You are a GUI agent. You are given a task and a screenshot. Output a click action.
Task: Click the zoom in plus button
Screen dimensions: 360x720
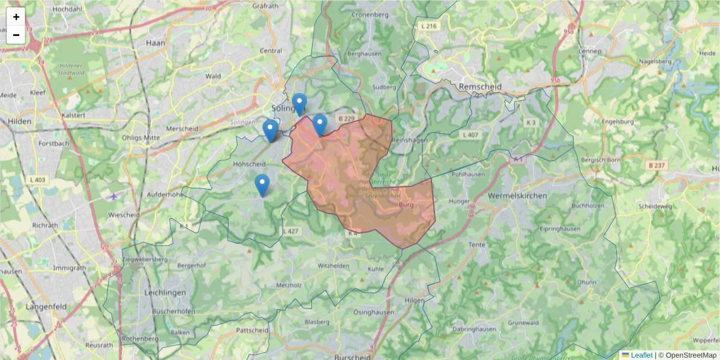[x=16, y=17]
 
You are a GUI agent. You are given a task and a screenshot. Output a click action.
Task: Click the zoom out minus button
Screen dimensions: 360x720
[x=16, y=35]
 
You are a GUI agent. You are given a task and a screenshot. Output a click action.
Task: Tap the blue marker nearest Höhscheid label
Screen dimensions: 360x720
[x=262, y=185]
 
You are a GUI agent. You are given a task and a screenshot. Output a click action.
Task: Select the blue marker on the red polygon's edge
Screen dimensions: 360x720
[x=319, y=125]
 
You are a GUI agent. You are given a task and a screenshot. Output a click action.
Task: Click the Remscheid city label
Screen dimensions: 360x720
[x=479, y=86]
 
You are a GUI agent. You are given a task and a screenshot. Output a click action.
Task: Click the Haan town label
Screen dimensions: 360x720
[x=155, y=43]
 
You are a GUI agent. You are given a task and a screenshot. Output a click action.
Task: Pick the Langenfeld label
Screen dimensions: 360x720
[x=45, y=307]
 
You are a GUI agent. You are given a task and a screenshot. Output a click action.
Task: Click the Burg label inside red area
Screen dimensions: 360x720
[x=406, y=205]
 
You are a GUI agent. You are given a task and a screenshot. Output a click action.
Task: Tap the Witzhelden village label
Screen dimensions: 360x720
[x=334, y=265]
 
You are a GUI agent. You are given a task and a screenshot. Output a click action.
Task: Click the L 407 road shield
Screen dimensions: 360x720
[x=470, y=134]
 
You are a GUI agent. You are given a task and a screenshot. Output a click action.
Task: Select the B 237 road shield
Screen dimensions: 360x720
[x=658, y=164]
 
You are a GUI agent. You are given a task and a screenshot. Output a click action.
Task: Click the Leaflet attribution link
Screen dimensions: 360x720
[x=641, y=355]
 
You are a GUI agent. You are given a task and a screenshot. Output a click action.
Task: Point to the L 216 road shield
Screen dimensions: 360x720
[x=430, y=26]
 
